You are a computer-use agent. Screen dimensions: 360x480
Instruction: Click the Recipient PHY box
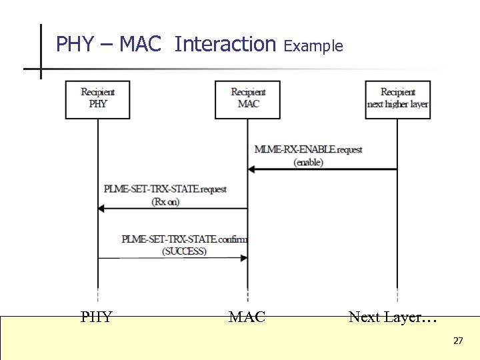(97, 99)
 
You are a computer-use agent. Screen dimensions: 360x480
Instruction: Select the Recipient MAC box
(247, 99)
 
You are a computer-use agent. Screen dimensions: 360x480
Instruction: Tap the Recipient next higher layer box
(397, 99)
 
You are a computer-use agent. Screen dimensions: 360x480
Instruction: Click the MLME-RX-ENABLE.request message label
(308, 149)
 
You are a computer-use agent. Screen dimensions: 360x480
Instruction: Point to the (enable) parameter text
(308, 162)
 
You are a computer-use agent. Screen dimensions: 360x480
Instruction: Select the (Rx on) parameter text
(165, 202)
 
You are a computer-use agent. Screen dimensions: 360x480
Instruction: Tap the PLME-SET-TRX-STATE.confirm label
(184, 239)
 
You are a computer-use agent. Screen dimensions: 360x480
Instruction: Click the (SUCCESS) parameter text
(184, 251)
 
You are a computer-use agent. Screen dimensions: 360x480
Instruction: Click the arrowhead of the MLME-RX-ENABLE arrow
(252, 169)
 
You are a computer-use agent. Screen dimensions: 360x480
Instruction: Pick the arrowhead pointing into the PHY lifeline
(102, 209)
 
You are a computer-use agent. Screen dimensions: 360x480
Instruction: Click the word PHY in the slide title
(75, 45)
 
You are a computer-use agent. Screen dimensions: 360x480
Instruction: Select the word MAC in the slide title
(141, 45)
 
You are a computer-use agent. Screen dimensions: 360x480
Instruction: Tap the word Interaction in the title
(225, 45)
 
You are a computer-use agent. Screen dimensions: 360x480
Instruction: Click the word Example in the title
(313, 46)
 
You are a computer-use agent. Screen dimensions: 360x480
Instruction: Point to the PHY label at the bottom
(97, 317)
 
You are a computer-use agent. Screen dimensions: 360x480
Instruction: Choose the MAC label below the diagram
(247, 317)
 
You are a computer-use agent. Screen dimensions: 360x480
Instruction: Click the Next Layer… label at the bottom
(393, 317)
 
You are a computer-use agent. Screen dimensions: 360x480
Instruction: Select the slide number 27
(458, 341)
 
